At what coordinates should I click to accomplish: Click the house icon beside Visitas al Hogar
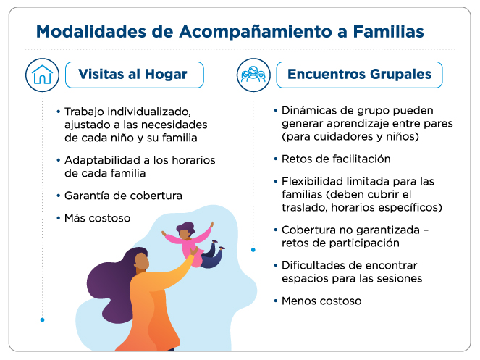click(x=42, y=74)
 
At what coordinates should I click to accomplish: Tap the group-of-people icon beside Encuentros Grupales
click(x=253, y=74)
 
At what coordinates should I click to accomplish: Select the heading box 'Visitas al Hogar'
click(x=135, y=74)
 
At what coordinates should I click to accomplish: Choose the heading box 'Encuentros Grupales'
click(x=359, y=74)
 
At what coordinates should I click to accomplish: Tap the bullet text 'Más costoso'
click(x=98, y=217)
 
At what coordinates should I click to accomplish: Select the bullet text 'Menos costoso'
click(x=321, y=300)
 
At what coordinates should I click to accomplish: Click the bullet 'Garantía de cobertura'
click(x=123, y=196)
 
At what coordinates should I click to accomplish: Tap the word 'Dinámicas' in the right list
click(x=310, y=110)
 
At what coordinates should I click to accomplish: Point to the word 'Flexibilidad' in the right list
click(x=313, y=180)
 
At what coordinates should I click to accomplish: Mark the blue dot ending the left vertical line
click(x=42, y=319)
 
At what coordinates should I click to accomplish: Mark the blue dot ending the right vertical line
click(x=253, y=249)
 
